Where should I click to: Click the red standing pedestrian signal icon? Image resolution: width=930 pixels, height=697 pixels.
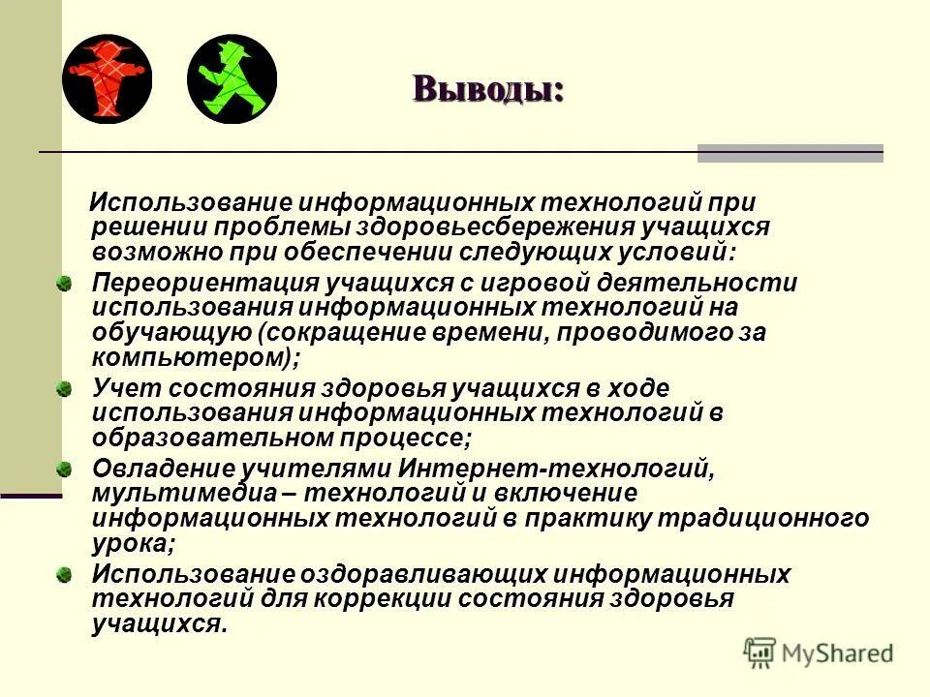(x=107, y=78)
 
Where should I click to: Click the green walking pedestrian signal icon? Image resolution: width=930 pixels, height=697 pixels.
(x=232, y=78)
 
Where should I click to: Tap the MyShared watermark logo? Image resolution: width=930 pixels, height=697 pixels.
(x=820, y=652)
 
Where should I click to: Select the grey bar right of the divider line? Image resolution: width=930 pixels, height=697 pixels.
(x=790, y=153)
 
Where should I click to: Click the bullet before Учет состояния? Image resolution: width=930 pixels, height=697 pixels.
(x=64, y=389)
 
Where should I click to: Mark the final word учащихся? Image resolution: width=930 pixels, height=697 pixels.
(x=159, y=623)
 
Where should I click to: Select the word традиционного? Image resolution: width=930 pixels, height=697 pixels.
(x=764, y=518)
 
